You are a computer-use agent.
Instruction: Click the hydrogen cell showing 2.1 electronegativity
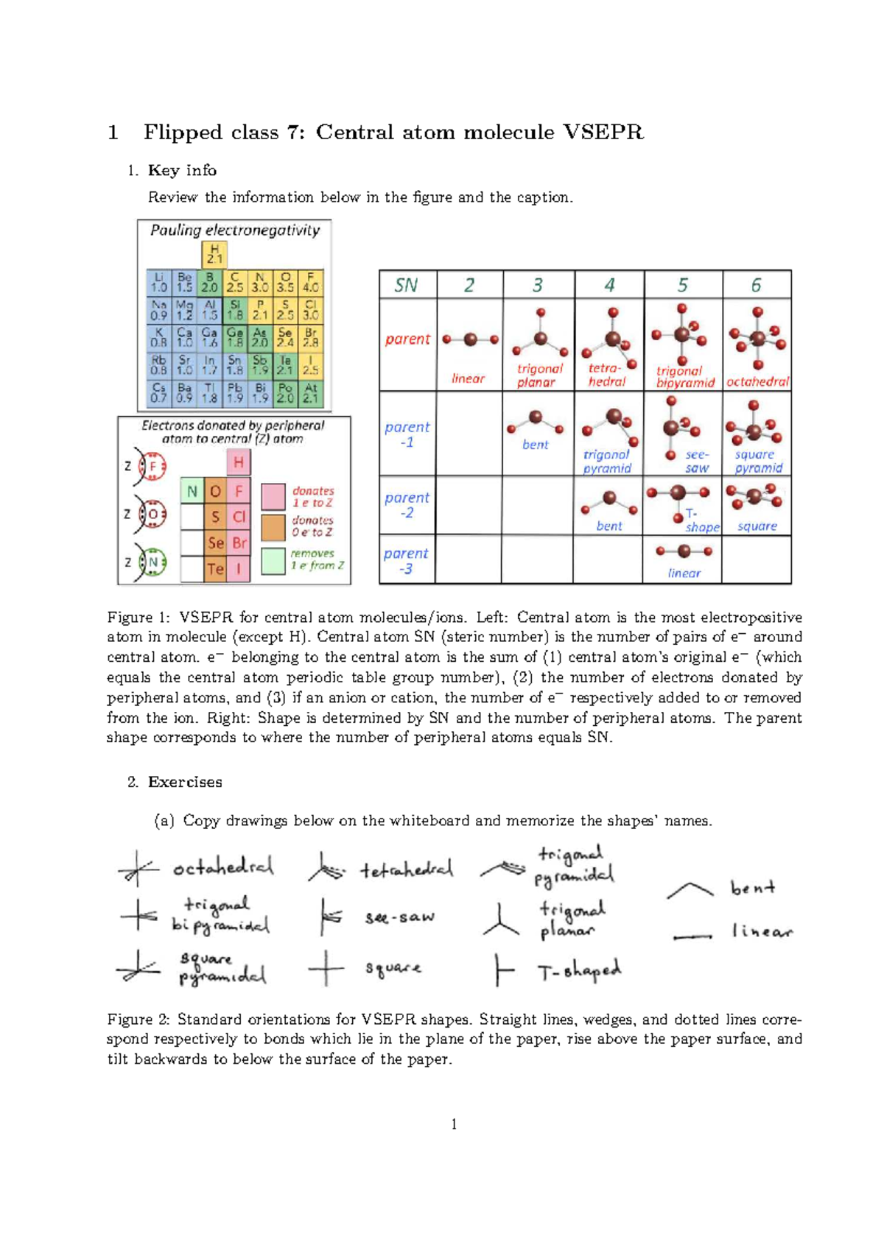214,255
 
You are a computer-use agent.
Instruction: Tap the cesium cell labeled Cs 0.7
158,393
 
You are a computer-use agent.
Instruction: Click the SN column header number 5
683,285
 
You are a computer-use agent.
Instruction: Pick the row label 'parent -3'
406,560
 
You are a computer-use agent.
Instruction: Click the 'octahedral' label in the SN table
757,381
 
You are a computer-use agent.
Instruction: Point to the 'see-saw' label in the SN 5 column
697,461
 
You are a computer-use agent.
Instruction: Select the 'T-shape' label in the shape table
701,520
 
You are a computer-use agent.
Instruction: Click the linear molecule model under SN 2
470,339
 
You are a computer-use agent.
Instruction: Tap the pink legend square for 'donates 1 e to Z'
273,496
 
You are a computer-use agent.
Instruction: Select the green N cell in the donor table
192,491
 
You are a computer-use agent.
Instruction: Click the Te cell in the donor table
215,568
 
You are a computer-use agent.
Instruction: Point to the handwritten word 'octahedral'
223,868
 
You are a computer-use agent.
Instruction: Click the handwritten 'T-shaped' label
580,972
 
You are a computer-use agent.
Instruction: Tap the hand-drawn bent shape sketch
690,890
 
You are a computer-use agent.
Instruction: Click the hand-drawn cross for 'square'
326,968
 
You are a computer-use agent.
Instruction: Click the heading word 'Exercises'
185,782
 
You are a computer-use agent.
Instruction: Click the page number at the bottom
454,1123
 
